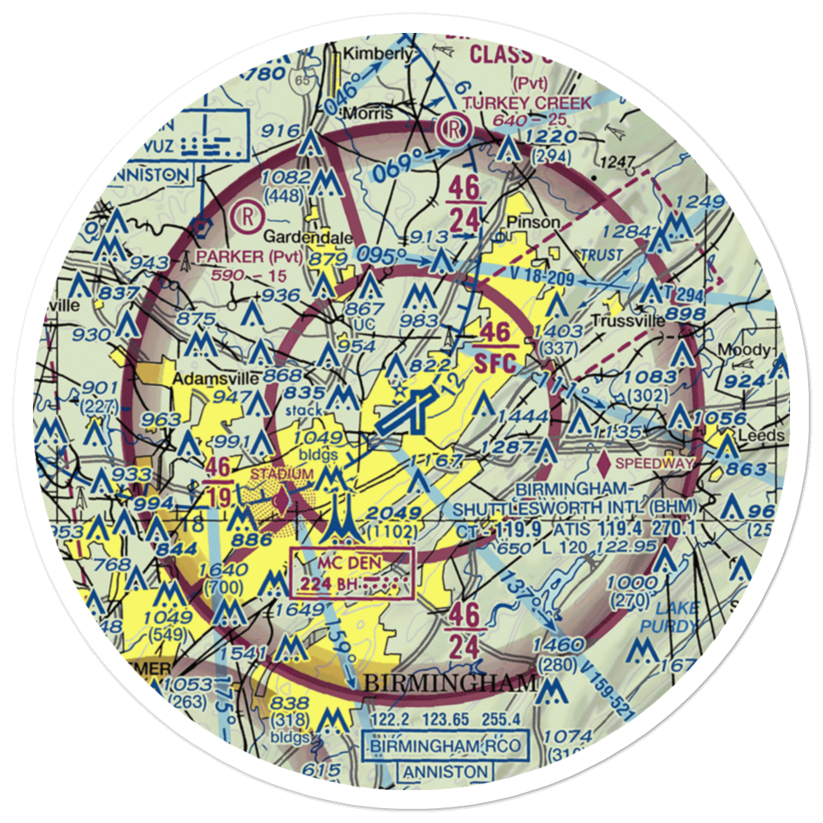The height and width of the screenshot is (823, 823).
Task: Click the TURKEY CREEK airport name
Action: (x=527, y=103)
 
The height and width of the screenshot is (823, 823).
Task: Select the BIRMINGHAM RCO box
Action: (x=444, y=746)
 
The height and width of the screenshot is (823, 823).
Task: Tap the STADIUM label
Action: (x=282, y=474)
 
